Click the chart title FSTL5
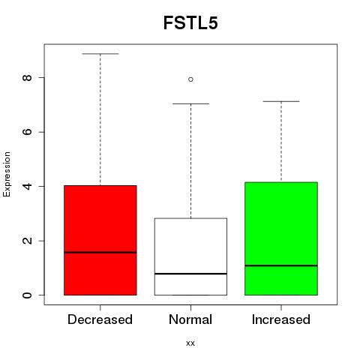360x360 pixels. pos(190,22)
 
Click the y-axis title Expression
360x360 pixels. pos(7,174)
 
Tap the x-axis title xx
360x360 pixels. pos(190,343)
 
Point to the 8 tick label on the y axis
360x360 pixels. pos(27,78)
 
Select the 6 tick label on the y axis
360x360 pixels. pos(27,132)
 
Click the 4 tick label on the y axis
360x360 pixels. pos(27,186)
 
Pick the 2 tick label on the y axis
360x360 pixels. pos(27,241)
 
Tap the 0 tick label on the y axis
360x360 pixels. pos(27,295)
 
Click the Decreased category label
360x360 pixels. pos(100,319)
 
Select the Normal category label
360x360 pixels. pos(190,319)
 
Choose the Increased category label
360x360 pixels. pos(281,319)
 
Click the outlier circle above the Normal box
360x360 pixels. pos(190,79)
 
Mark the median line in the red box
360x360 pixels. pos(100,252)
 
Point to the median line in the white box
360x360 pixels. pos(190,274)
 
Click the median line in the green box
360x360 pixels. pos(281,265)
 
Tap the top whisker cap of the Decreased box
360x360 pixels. pos(100,54)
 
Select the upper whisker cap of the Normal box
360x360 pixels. pos(190,103)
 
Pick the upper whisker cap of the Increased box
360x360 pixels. pos(281,101)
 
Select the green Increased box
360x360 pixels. pos(281,225)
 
